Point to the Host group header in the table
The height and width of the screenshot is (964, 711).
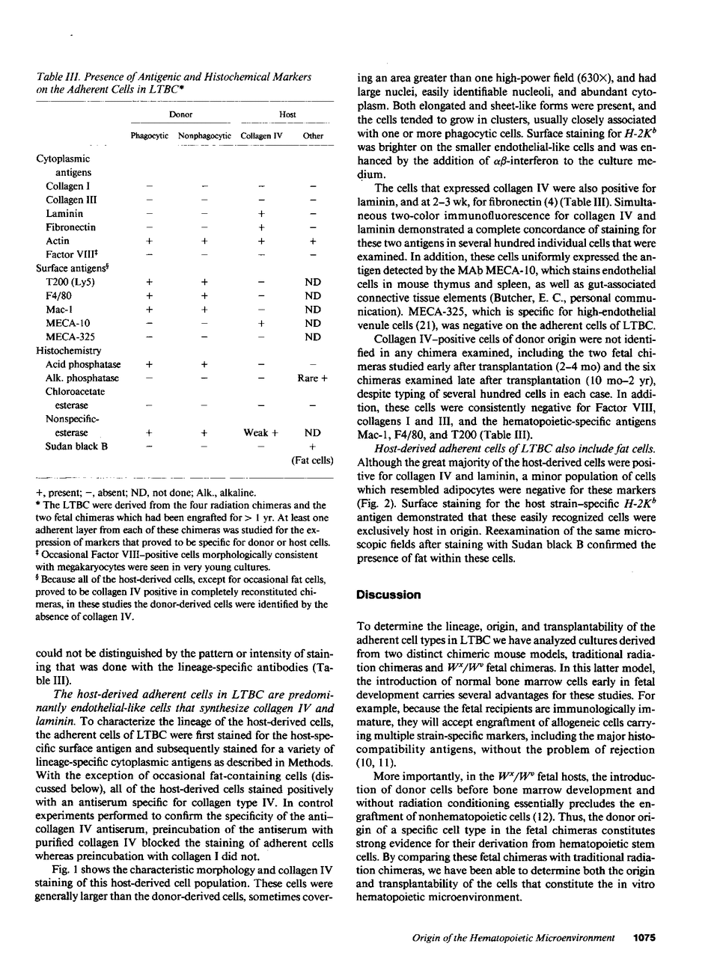coord(287,115)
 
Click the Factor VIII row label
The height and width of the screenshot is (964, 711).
coord(72,255)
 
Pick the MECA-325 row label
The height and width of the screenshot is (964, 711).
coord(69,337)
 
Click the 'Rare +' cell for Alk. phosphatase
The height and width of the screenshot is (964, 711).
coord(313,378)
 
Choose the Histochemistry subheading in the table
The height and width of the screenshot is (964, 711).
coord(67,351)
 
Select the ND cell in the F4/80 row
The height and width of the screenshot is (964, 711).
coord(313,296)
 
